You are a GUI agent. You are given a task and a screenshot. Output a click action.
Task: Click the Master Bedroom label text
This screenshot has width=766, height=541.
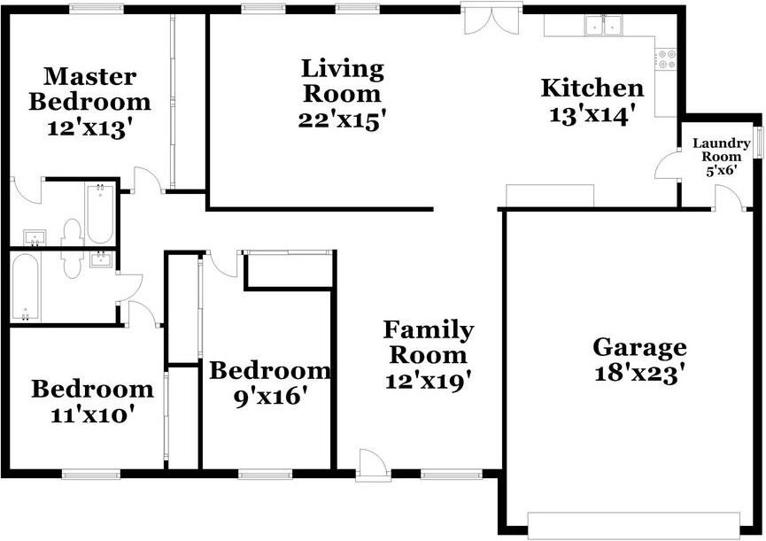(89, 89)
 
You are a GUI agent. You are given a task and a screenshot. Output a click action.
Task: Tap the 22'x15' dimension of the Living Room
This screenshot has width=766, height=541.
(343, 120)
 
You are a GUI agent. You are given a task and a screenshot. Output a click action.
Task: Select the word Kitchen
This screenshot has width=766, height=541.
(592, 89)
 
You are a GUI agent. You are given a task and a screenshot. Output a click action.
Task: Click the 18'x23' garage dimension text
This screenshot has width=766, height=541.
(639, 374)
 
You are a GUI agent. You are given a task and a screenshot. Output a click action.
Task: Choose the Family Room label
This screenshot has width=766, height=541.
(428, 343)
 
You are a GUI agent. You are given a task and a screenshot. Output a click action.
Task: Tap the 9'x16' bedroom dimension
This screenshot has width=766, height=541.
(270, 397)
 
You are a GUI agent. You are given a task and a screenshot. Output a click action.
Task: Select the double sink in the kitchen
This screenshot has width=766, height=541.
(604, 27)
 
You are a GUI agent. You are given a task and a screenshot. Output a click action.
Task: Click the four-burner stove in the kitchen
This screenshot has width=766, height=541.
(666, 58)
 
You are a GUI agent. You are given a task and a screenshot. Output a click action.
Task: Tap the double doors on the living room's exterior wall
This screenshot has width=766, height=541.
(486, 18)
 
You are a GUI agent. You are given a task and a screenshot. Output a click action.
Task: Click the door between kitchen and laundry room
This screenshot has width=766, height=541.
(667, 166)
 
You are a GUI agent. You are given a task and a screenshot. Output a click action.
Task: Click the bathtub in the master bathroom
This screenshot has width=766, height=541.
(98, 213)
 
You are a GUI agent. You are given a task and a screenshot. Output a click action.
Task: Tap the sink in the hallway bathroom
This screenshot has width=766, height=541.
(102, 259)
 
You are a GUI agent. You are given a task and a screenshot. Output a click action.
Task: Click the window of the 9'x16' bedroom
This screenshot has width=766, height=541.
(265, 475)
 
